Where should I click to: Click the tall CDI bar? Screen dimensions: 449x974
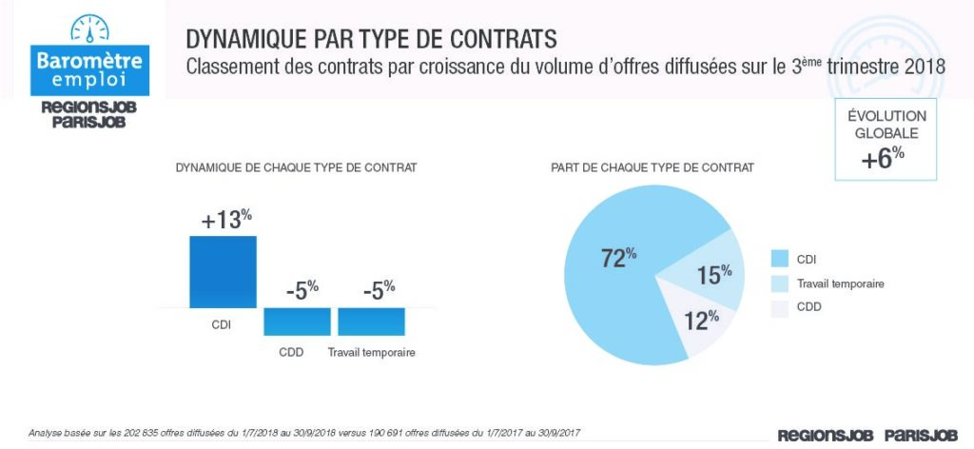pyautogui.click(x=223, y=272)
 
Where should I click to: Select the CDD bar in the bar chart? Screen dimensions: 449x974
pyautogui.click(x=297, y=321)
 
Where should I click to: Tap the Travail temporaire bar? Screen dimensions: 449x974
pyautogui.click(x=371, y=321)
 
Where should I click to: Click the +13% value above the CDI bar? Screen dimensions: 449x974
pyautogui.click(x=226, y=220)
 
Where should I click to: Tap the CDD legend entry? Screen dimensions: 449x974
pyautogui.click(x=809, y=307)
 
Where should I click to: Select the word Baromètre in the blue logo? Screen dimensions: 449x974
pyautogui.click(x=89, y=60)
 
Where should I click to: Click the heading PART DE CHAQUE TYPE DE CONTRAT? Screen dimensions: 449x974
pyautogui.click(x=653, y=167)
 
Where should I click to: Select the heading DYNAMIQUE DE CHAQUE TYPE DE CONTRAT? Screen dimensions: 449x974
pyautogui.click(x=296, y=167)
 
